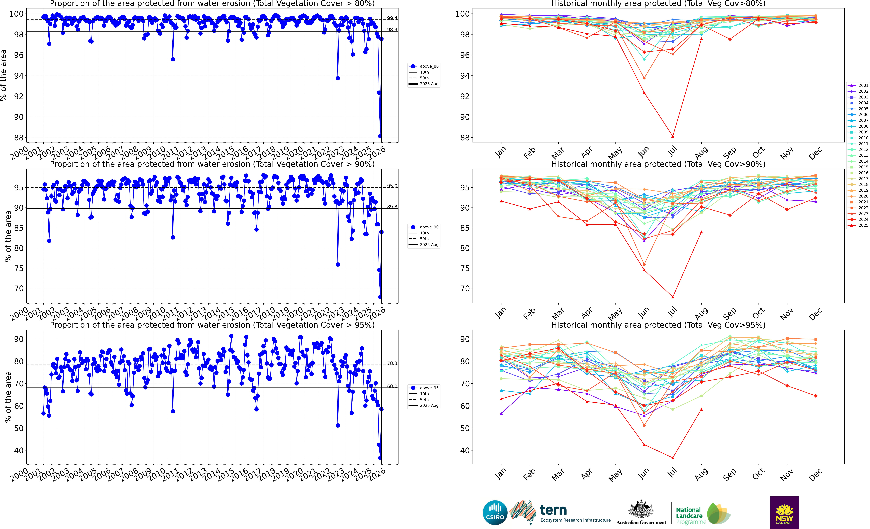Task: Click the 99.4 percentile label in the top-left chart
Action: (x=392, y=18)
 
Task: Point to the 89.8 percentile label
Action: (x=392, y=207)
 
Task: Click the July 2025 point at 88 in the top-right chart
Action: (x=673, y=136)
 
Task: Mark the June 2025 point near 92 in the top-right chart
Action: (x=644, y=93)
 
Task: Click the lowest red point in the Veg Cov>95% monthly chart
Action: (x=673, y=458)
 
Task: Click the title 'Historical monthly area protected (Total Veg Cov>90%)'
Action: (x=658, y=164)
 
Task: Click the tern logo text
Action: (x=553, y=510)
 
